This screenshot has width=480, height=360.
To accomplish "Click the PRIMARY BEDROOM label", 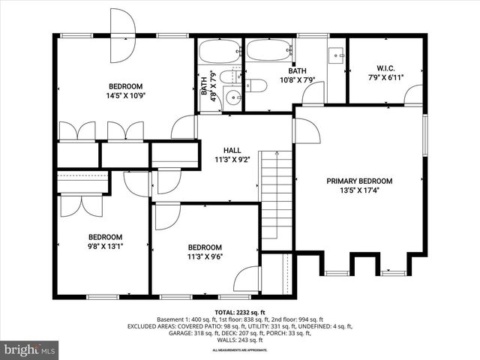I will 359,181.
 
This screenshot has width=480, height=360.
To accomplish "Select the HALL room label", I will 232,150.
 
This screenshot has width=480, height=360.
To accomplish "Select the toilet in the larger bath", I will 256,85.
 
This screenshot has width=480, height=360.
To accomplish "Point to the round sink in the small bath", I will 233,96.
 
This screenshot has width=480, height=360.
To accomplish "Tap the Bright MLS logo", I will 30,349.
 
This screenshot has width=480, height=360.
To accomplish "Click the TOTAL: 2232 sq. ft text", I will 240,312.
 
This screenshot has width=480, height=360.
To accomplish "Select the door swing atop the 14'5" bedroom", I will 123,36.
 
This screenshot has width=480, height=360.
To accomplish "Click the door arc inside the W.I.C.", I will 413,94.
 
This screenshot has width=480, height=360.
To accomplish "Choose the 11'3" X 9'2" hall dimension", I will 232,160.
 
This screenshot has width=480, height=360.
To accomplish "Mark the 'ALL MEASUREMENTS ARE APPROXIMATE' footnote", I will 240,350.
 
